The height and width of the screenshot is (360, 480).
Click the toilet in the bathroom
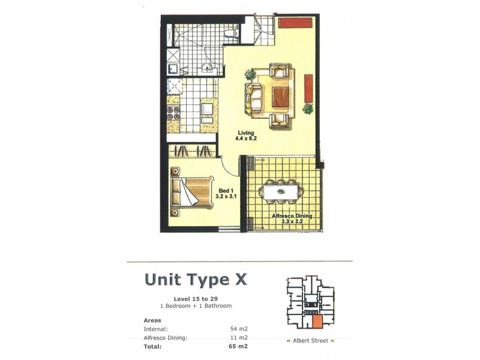(230, 31)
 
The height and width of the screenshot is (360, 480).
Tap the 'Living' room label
(245, 133)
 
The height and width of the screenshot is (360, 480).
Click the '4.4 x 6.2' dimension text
(245, 139)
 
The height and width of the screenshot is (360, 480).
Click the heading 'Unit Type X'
(196, 280)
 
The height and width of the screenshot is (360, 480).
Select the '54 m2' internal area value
(239, 329)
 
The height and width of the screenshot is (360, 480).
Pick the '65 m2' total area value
(239, 346)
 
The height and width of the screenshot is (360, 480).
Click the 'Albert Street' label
(310, 341)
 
